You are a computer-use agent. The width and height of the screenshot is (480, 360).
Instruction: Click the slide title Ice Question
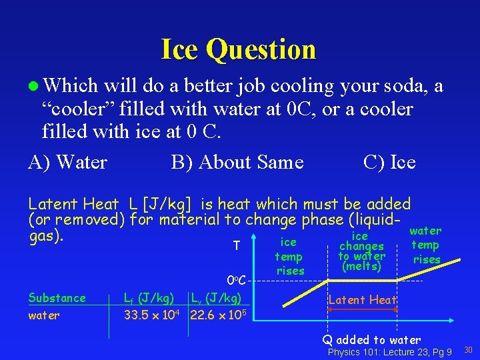pyautogui.click(x=238, y=49)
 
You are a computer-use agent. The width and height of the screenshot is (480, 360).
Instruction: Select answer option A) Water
pyautogui.click(x=67, y=162)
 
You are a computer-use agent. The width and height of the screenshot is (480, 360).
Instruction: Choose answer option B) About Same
pyautogui.click(x=237, y=162)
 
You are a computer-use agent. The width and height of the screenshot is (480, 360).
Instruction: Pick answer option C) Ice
pyautogui.click(x=389, y=162)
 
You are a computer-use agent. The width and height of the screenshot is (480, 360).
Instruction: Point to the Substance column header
pyautogui.click(x=57, y=298)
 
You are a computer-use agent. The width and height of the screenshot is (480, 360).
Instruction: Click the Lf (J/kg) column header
pyautogui.click(x=150, y=297)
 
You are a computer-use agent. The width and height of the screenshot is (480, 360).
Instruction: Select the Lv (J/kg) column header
pyautogui.click(x=215, y=297)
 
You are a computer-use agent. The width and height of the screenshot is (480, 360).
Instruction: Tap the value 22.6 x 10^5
pyautogui.click(x=218, y=315)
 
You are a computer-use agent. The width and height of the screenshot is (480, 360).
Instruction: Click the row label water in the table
pyautogui.click(x=43, y=315)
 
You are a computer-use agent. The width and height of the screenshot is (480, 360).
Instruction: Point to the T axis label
pyautogui.click(x=237, y=247)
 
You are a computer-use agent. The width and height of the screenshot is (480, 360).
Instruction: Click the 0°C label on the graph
pyautogui.click(x=237, y=279)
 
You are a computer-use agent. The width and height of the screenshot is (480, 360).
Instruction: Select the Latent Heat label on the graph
pyautogui.click(x=362, y=300)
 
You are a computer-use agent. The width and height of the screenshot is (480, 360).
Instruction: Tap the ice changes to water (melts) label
pyautogui.click(x=361, y=251)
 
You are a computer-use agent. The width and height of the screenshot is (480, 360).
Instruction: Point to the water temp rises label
pyautogui.click(x=425, y=245)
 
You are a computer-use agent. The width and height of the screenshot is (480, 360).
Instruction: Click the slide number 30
pyautogui.click(x=467, y=350)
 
